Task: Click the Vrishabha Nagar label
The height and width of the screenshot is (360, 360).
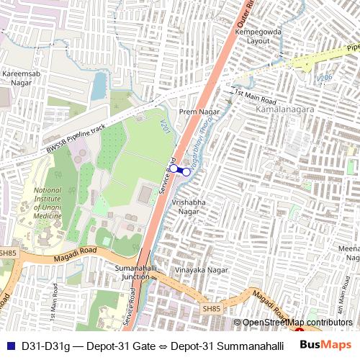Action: coord(189,207)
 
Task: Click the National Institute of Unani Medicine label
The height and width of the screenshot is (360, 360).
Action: coord(48,203)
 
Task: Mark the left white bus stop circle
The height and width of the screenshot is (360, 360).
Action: coord(174,168)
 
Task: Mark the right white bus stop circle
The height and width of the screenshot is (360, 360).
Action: coord(186,172)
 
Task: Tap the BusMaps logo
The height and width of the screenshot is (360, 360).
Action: coord(325,345)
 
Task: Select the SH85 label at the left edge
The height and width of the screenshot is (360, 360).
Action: coord(7,253)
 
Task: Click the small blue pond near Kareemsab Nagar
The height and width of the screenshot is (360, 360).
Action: coord(98,86)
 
